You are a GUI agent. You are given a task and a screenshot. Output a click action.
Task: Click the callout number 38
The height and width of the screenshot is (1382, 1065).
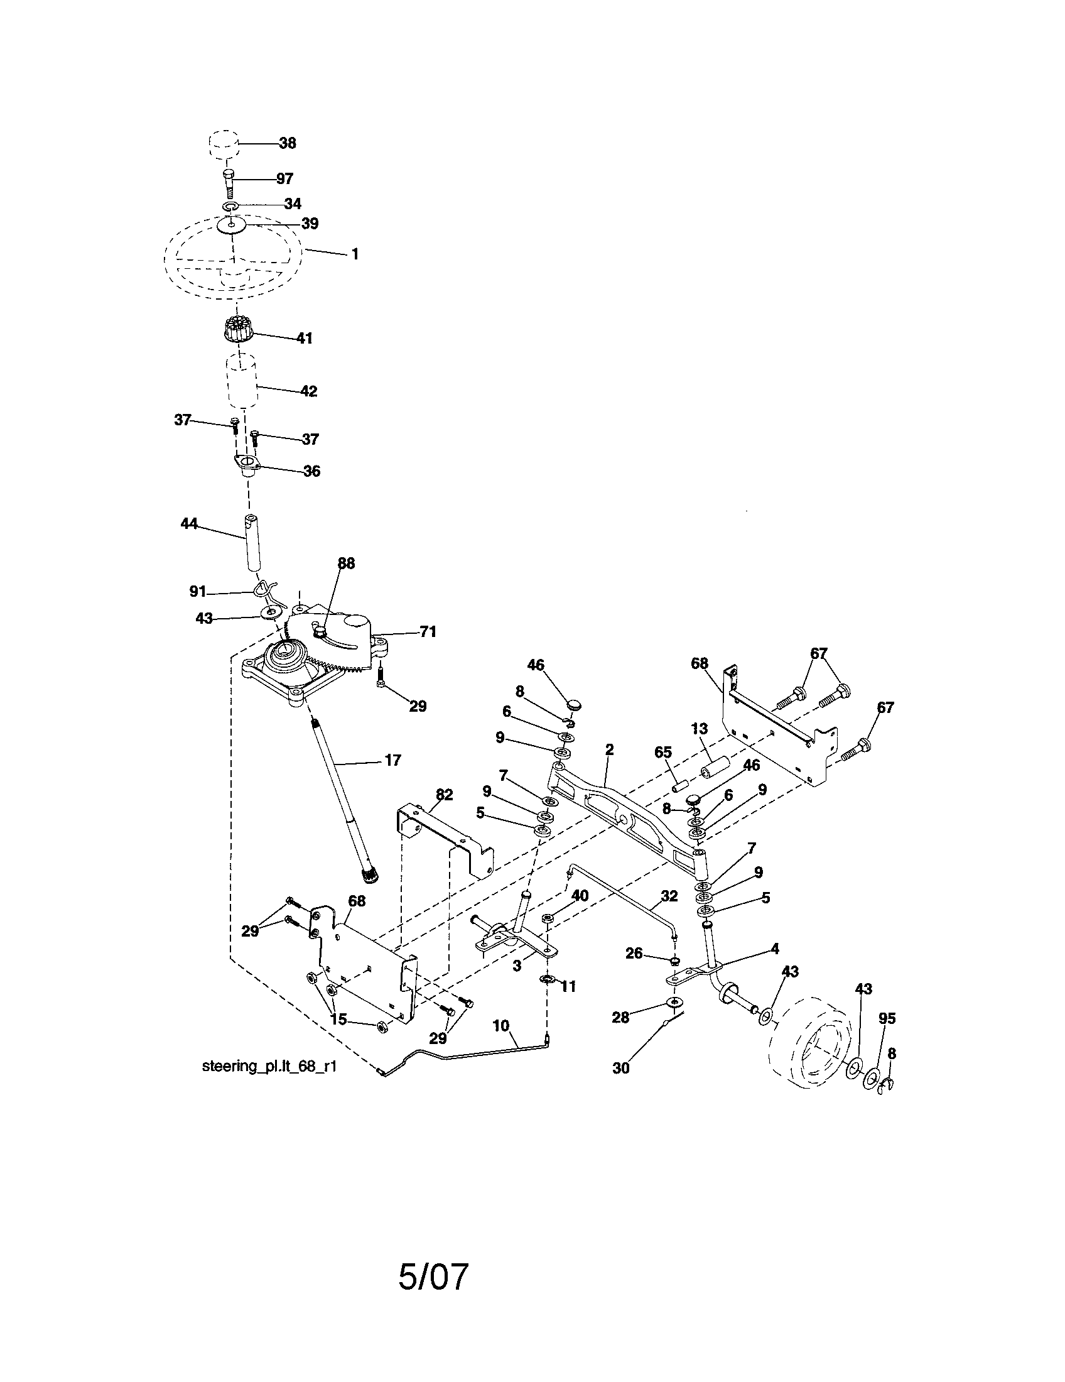point(287,143)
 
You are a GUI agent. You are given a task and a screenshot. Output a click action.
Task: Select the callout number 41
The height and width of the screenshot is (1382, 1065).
point(305,338)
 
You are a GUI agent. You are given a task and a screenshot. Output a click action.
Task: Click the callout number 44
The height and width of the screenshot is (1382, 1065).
point(189,523)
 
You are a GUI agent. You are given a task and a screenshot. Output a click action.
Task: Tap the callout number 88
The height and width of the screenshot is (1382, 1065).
point(346,563)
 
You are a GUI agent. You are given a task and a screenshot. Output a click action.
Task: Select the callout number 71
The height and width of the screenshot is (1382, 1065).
point(428,631)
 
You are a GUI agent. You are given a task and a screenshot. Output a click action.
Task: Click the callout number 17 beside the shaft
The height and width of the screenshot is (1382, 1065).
point(392,760)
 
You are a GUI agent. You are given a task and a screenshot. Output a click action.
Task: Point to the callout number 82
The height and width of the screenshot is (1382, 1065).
point(445,795)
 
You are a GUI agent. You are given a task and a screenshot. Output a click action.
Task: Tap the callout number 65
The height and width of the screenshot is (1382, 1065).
point(662,753)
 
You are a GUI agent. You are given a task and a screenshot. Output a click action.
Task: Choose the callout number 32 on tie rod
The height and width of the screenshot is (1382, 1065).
point(669,896)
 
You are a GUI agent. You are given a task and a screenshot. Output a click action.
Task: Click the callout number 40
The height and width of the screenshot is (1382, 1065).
point(580,895)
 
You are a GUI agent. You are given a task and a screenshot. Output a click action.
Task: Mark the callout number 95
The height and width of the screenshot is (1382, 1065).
point(887,1018)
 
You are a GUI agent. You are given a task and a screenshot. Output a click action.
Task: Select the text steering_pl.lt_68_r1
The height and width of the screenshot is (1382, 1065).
point(269,1066)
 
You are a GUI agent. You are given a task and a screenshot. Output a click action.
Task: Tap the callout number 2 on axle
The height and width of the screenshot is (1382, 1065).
point(609,750)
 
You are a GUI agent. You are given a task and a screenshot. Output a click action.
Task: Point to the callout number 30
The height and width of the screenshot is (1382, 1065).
point(621,1068)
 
